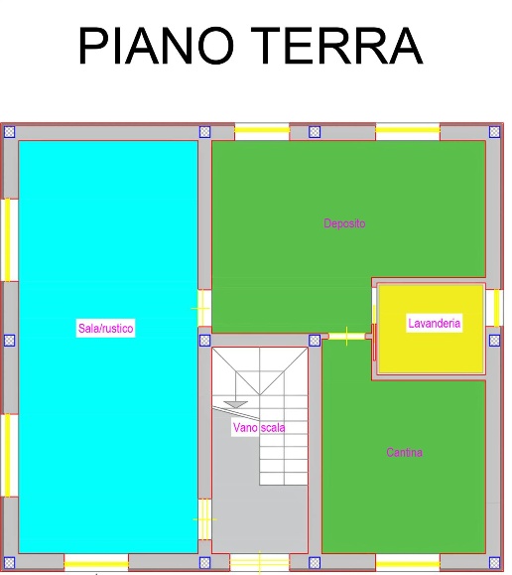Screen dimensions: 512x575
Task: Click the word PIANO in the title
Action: click(x=156, y=46)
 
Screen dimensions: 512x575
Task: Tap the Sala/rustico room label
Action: click(x=105, y=328)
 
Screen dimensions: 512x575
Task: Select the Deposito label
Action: click(x=344, y=223)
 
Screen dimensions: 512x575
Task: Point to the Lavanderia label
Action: click(x=434, y=323)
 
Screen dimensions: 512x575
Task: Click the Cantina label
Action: click(x=404, y=452)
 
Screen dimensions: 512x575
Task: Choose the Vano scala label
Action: click(x=259, y=428)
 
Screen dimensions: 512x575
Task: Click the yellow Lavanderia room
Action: click(x=431, y=352)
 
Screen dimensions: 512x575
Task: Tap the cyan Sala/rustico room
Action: click(x=108, y=403)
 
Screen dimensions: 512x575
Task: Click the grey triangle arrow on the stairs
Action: click(x=236, y=404)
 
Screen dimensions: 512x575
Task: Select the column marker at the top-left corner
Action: click(x=9, y=132)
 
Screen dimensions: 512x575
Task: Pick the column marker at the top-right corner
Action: click(x=494, y=132)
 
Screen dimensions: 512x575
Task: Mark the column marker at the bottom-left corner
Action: click(x=9, y=562)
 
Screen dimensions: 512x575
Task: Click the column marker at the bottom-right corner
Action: click(x=494, y=562)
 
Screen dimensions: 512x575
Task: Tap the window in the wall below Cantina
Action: click(x=408, y=563)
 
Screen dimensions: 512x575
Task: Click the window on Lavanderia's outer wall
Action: click(x=494, y=308)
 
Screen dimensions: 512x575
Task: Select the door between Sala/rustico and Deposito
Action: click(x=204, y=309)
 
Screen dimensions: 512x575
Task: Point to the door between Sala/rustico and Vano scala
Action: click(x=204, y=519)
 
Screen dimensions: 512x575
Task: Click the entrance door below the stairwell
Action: click(x=260, y=563)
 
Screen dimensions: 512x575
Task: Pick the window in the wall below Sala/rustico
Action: click(x=96, y=563)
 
